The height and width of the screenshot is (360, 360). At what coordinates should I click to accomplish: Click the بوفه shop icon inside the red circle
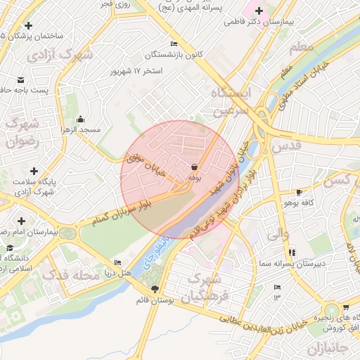coord(193,167)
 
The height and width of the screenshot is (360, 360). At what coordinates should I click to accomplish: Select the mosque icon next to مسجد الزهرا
coord(82,119)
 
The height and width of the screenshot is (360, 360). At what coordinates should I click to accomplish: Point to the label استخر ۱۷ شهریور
coord(137,72)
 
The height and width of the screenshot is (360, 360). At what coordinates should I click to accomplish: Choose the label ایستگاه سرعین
coord(239,102)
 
